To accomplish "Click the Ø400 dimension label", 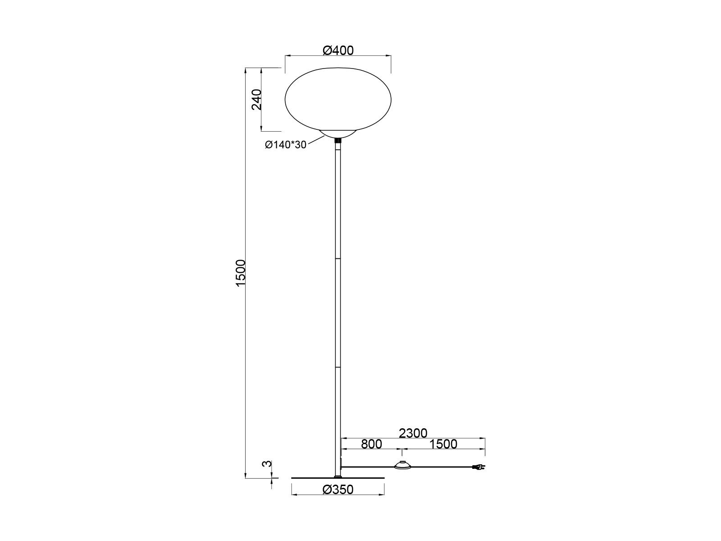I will pos(338,50).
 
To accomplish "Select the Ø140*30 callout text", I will pos(285,145).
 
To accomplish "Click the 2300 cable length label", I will pos(413,433).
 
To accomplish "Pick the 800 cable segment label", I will pos(371,444).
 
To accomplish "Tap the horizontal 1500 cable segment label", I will pos(443,444).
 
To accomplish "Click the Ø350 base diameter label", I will pos(338,490).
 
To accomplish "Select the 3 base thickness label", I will pos(267,463).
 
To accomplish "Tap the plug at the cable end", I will pos(479,468).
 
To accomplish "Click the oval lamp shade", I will pos(338,100).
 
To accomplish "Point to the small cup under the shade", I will pos(338,134).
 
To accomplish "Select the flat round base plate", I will pos(338,477).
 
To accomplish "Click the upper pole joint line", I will pos(338,259).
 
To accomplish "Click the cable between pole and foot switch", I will pos(367,467).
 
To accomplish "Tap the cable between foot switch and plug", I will pos(442,467).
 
